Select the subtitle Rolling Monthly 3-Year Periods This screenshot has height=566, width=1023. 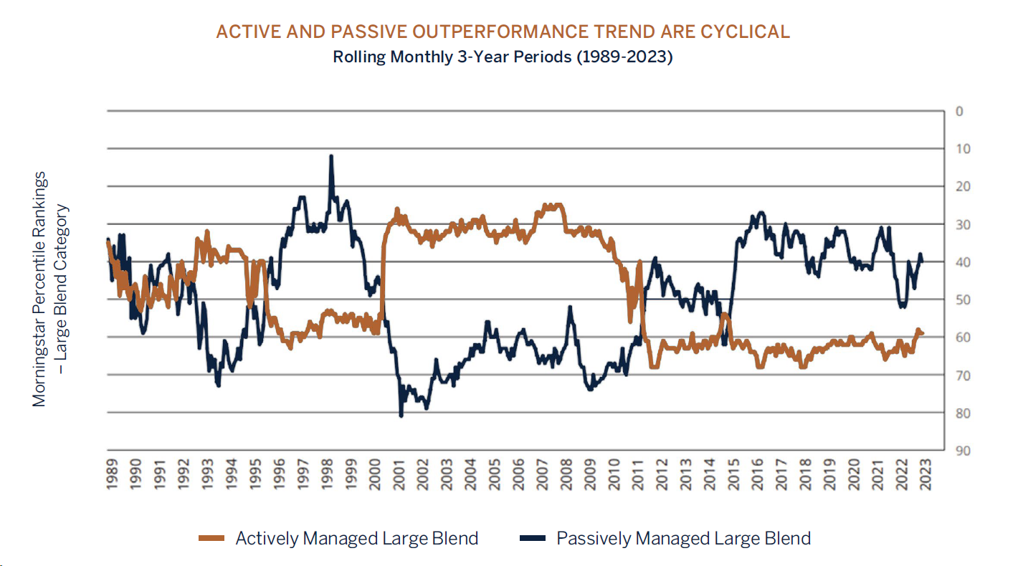[x=502, y=57]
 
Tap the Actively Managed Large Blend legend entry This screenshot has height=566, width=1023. [x=356, y=539]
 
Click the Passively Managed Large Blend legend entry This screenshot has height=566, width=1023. [x=683, y=539]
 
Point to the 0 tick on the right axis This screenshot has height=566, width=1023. [x=958, y=112]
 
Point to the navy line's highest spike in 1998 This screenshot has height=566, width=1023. [x=331, y=156]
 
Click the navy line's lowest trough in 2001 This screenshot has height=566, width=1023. [x=401, y=416]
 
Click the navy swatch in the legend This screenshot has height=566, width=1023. [x=531, y=539]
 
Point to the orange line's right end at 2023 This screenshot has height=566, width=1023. [x=922, y=333]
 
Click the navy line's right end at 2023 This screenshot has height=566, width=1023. [x=922, y=262]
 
